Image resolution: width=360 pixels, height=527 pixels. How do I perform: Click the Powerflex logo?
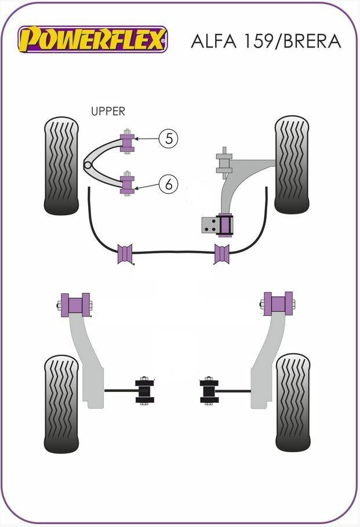[x=93, y=39]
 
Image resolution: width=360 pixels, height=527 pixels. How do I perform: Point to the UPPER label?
[x=108, y=111]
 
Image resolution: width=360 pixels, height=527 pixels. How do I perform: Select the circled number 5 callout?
[x=168, y=139]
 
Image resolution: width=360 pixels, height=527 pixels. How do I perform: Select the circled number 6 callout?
[x=168, y=185]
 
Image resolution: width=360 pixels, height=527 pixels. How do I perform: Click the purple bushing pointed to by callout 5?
[x=126, y=143]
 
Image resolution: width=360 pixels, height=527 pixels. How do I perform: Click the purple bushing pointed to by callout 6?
[x=126, y=183]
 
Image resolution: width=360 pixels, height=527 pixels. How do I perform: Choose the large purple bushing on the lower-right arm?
[x=277, y=304]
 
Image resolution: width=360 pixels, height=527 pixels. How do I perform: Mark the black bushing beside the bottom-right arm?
[x=209, y=390]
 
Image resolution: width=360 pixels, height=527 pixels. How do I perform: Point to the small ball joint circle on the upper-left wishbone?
[x=88, y=165]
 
